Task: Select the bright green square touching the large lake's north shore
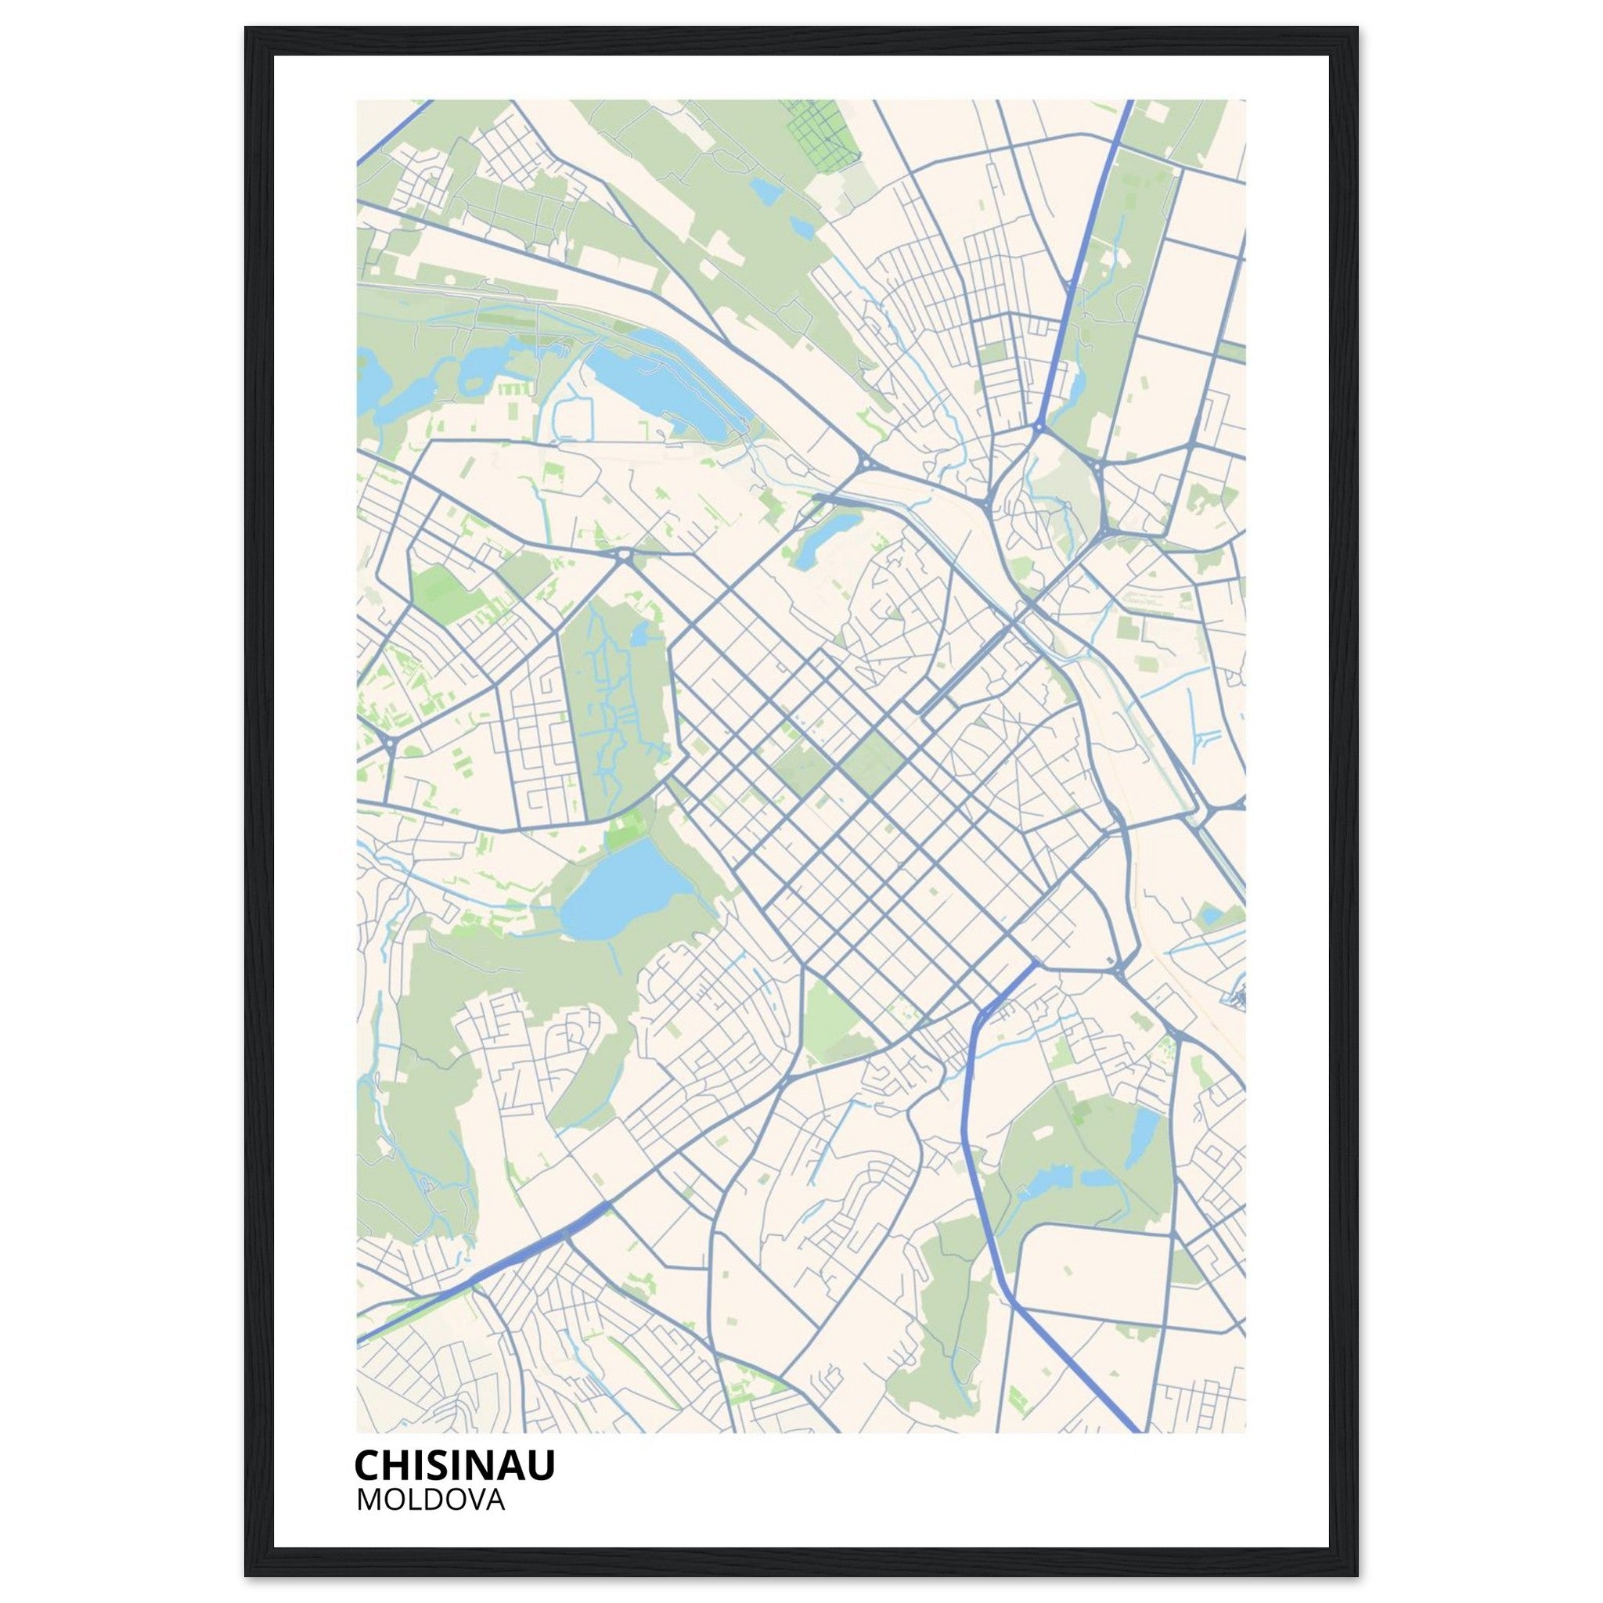point(627,830)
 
